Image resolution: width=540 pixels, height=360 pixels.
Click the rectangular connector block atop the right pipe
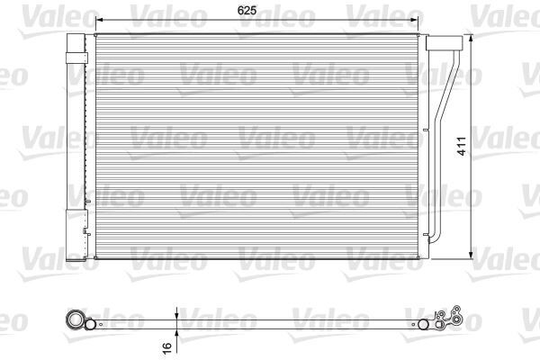click(x=439, y=45)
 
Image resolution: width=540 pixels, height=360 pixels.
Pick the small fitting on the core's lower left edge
click(x=86, y=235)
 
